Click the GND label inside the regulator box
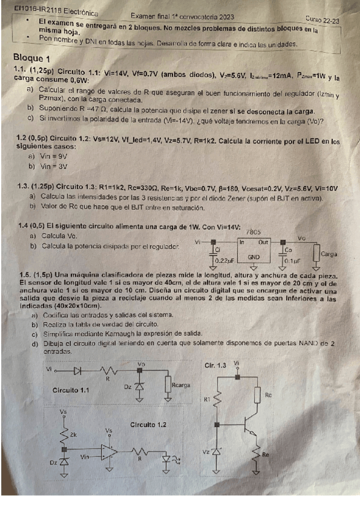coord(254,256)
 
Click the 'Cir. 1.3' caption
coord(216,365)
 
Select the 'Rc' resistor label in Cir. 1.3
coord(268,395)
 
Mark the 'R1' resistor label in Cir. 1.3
coord(208,398)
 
